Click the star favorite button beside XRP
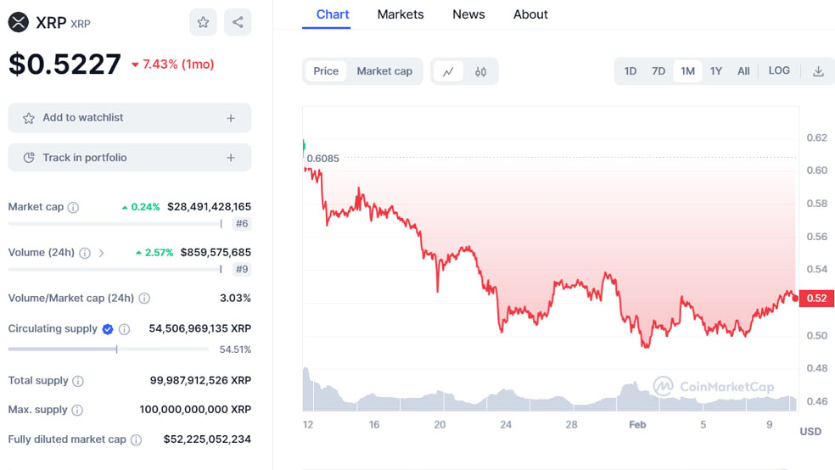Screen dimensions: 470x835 tap(203, 23)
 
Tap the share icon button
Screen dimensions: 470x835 tap(238, 23)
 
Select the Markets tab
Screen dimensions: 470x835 tap(401, 14)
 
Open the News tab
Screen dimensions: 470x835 tap(468, 14)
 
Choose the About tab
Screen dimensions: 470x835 tap(530, 14)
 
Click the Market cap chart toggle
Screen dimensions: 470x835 tap(384, 71)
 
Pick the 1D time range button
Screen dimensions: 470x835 tap(630, 71)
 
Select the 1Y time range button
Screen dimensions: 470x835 tap(716, 71)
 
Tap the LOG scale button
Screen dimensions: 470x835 tap(779, 71)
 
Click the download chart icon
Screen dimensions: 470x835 tap(818, 71)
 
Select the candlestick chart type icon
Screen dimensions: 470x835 tap(480, 72)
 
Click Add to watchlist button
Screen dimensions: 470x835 tap(130, 118)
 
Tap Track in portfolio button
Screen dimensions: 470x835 tap(130, 158)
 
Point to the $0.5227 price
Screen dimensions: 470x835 tap(64, 64)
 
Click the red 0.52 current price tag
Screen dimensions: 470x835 tap(816, 298)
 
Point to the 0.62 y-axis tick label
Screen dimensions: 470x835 tap(816, 137)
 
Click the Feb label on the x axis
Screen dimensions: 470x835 tap(636, 424)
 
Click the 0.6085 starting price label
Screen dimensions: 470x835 tap(322, 158)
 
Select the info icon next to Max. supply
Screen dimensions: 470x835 tap(77, 410)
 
